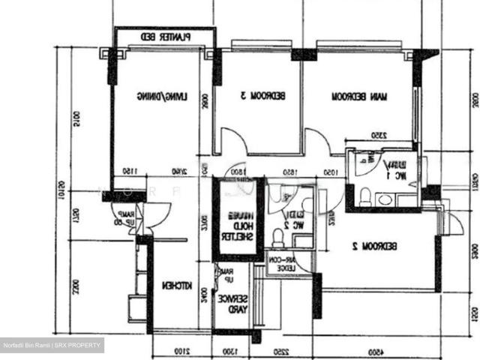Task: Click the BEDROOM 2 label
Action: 383,245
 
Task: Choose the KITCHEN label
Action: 178,286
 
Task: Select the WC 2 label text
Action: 286,220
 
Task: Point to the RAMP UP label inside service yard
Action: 226,274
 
